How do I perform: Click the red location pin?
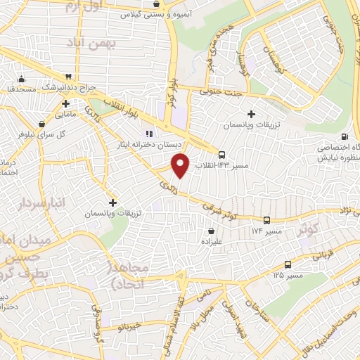pyautogui.click(x=181, y=165)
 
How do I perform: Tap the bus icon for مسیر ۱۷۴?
pyautogui.click(x=266, y=221)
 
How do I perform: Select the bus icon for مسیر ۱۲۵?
pyautogui.click(x=288, y=265)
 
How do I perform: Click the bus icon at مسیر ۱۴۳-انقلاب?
pyautogui.click(x=222, y=155)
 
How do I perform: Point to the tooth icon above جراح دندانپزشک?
pyautogui.click(x=68, y=77)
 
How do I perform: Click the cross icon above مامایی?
pyautogui.click(x=65, y=103)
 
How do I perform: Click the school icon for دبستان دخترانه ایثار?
pyautogui.click(x=148, y=134)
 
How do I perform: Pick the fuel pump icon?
pyautogui.click(x=344, y=137)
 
